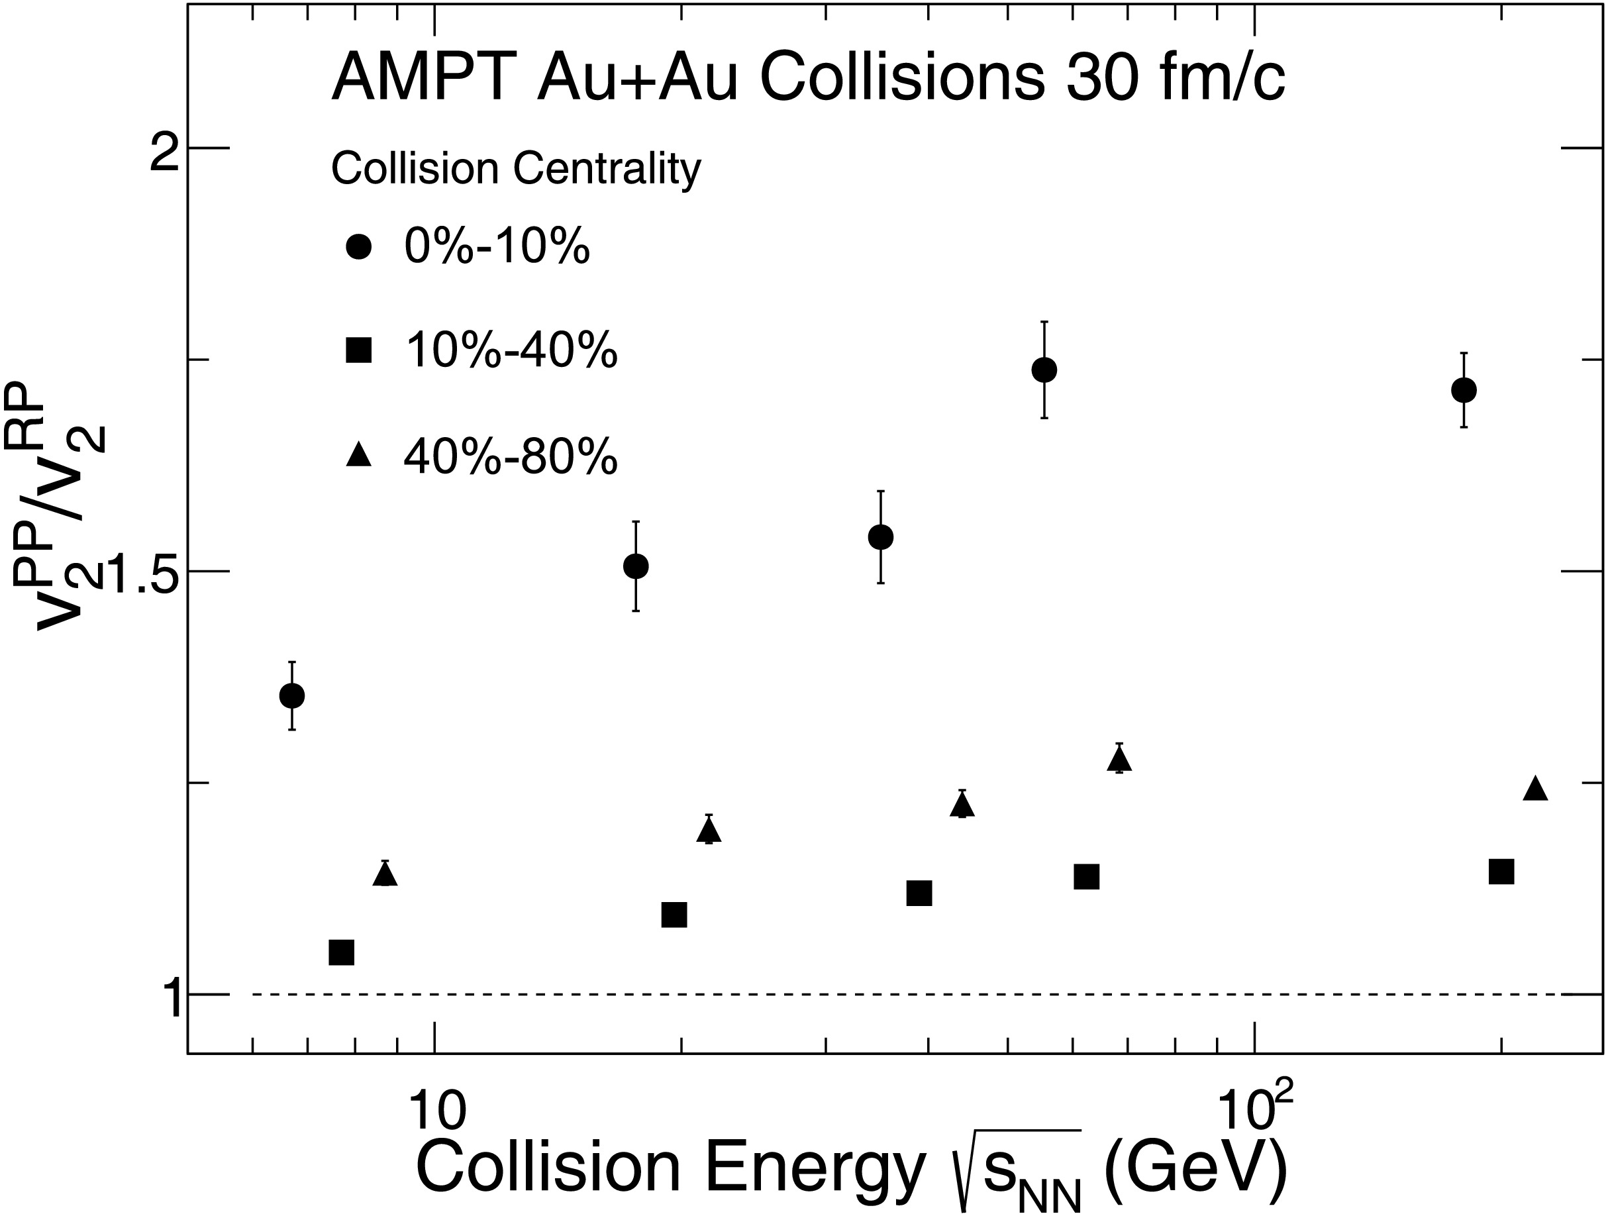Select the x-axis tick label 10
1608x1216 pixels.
click(x=436, y=1109)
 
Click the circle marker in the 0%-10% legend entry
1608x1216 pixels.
click(x=359, y=247)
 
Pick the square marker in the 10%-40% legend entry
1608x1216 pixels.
click(x=359, y=351)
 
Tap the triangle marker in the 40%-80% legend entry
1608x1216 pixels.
click(x=359, y=456)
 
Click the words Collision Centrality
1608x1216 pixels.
click(x=516, y=169)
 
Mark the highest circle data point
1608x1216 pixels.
click(x=1044, y=369)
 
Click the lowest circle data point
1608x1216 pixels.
click(x=291, y=695)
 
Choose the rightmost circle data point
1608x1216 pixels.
click(x=1464, y=389)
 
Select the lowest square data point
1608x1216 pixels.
click(x=342, y=952)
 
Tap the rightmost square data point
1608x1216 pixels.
click(x=1501, y=871)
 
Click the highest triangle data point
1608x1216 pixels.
click(x=1119, y=760)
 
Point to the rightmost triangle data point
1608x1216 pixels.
click(x=1535, y=789)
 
